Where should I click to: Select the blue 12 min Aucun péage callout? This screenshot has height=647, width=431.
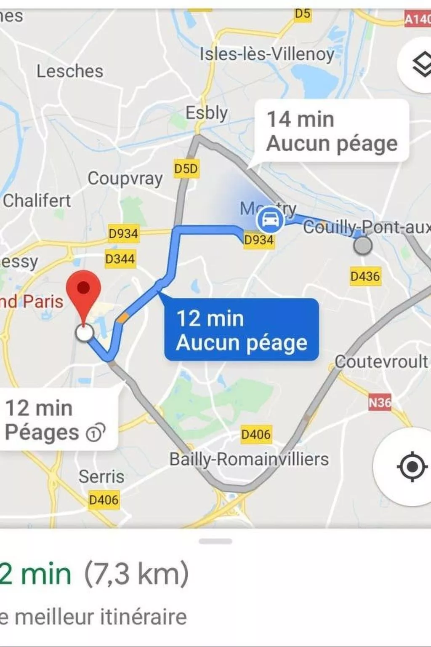coord(241,330)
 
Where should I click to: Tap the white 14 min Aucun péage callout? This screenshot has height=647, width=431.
coord(332,131)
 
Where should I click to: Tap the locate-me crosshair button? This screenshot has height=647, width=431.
coord(411,467)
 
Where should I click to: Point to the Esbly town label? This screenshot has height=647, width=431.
coord(207,113)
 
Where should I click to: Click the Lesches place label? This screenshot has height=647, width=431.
coord(70,71)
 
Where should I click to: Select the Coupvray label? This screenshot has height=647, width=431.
coord(125,179)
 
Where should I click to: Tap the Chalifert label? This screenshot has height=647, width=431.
coord(37,201)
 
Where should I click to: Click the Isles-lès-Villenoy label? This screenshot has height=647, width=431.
coord(267,54)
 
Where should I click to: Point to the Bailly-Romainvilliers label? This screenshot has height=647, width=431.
coord(249,459)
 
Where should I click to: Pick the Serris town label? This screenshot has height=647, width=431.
coord(101,477)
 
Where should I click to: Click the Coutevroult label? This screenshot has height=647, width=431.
coord(381,361)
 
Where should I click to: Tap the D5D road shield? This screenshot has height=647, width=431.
coord(186,169)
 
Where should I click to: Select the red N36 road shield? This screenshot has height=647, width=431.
coord(380,403)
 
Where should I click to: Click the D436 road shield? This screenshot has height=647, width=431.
coord(365,276)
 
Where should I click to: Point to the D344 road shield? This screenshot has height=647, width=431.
coord(120,259)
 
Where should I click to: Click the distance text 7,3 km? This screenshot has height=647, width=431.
coord(137,574)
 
